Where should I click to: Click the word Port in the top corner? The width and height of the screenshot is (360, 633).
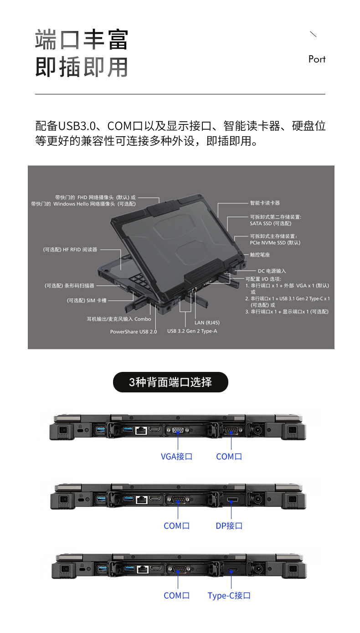317,59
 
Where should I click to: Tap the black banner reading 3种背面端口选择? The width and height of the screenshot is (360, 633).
170,382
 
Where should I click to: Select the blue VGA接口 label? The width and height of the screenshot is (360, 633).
176,456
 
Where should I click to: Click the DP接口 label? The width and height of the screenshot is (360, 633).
229,525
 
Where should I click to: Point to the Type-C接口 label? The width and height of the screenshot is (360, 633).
229,596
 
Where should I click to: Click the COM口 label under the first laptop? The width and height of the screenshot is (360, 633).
229,456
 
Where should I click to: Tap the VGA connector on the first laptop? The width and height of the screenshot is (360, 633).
178,430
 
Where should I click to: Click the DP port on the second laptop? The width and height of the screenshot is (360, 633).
231,499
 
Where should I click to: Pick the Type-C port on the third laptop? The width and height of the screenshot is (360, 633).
232,569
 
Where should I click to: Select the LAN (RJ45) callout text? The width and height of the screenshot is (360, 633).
207,323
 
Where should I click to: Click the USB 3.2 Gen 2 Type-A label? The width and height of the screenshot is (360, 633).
192,331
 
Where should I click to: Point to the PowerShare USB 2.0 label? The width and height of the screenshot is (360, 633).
134,331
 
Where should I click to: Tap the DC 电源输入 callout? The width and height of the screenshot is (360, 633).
272,271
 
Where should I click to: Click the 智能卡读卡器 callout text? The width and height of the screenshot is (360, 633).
265,203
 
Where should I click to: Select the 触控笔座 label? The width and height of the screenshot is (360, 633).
260,255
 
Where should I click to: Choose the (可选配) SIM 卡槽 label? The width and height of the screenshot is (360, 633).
87,300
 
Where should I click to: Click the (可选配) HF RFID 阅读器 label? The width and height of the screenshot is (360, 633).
70,250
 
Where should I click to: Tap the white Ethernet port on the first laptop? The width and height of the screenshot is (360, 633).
141,430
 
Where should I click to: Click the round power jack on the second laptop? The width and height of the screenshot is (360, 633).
257,499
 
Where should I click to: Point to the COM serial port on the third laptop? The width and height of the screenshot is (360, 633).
178,569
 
